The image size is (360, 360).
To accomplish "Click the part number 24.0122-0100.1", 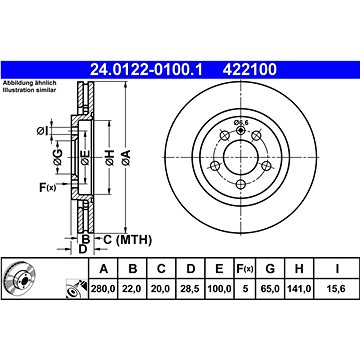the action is [146, 70].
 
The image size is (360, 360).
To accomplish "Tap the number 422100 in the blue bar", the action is [250, 70].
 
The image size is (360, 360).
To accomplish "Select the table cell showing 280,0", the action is [103, 289].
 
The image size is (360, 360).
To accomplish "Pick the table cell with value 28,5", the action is [190, 289].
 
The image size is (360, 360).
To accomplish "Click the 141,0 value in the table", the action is [299, 289].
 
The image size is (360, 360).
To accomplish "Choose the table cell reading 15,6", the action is [337, 289].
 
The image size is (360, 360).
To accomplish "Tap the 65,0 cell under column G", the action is [270, 289].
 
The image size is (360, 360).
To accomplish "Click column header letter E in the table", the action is [219, 268].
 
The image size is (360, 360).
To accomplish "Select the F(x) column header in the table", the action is [245, 268].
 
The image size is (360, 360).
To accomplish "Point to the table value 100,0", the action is [219, 289].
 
